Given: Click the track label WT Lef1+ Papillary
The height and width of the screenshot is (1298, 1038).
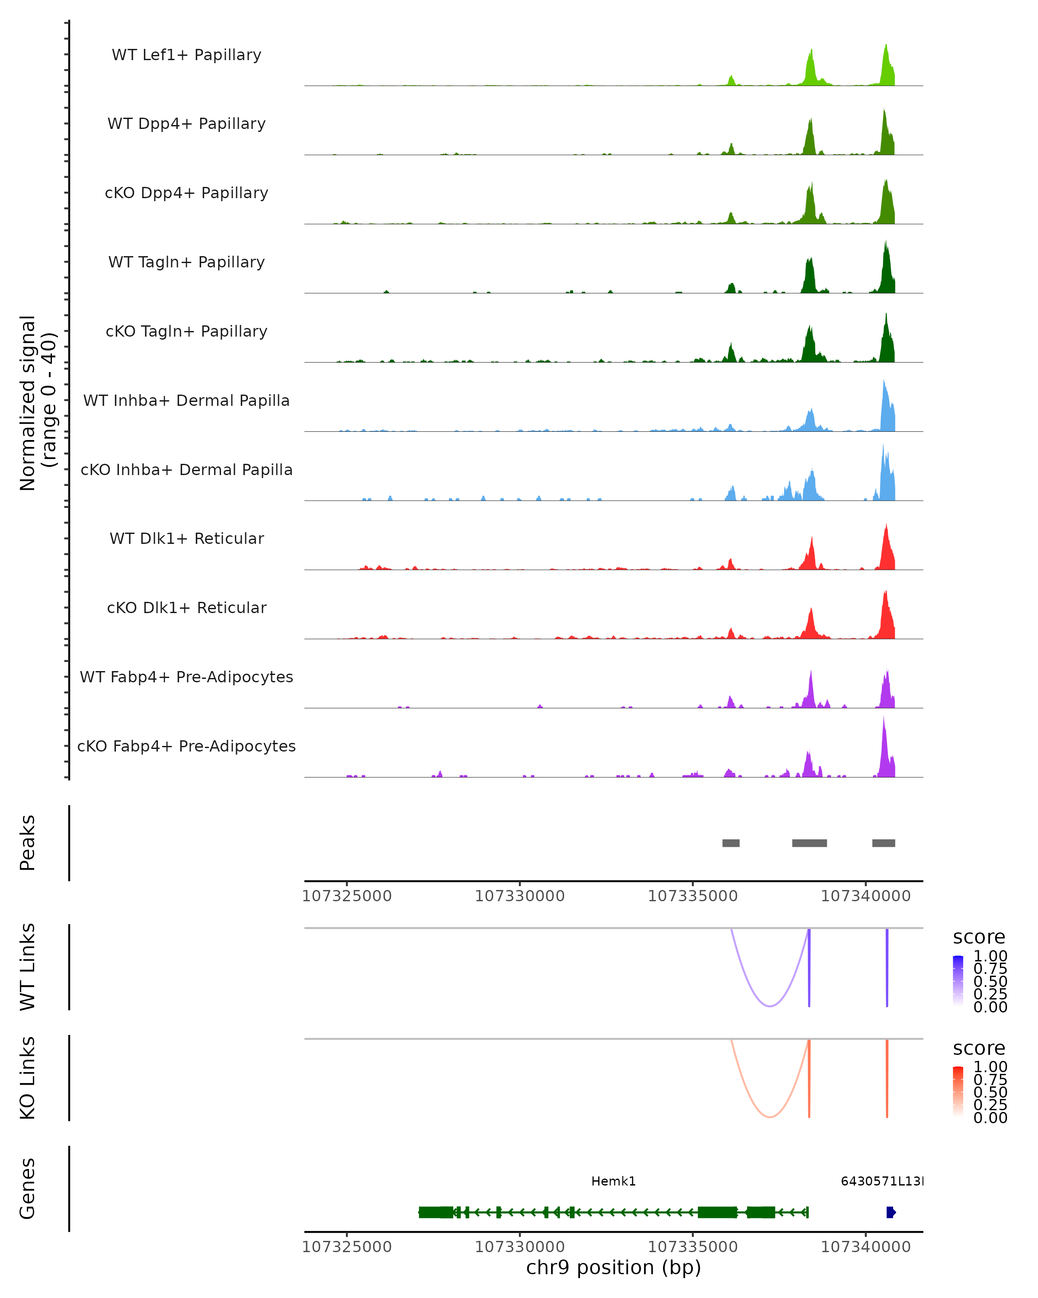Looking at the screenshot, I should (186, 55).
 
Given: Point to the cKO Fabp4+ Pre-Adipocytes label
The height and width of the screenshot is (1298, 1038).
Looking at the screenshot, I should (186, 746).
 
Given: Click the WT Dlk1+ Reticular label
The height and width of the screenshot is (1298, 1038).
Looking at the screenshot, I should (186, 538).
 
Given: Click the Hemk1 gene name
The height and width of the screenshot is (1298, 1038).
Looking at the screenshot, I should (613, 1181).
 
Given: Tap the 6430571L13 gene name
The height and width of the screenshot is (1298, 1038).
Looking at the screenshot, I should (881, 1181).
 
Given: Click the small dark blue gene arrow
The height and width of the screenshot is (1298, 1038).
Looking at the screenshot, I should (891, 1212).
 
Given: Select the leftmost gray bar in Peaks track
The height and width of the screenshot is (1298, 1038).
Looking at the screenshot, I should (730, 843).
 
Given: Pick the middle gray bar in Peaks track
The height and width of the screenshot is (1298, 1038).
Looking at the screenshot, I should (809, 843).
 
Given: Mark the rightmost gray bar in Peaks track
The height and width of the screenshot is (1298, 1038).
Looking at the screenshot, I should (883, 843).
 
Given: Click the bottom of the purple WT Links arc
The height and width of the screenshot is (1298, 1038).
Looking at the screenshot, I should (769, 1006).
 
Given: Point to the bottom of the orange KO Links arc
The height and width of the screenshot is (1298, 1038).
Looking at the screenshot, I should (769, 1117).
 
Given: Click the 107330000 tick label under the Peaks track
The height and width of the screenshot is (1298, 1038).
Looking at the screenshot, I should (519, 896).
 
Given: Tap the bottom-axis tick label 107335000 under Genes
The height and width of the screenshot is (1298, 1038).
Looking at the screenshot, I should (692, 1247).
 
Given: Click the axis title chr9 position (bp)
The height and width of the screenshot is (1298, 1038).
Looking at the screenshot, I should (613, 1268).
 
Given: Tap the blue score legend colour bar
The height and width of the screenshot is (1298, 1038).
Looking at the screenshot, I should (958, 981).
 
